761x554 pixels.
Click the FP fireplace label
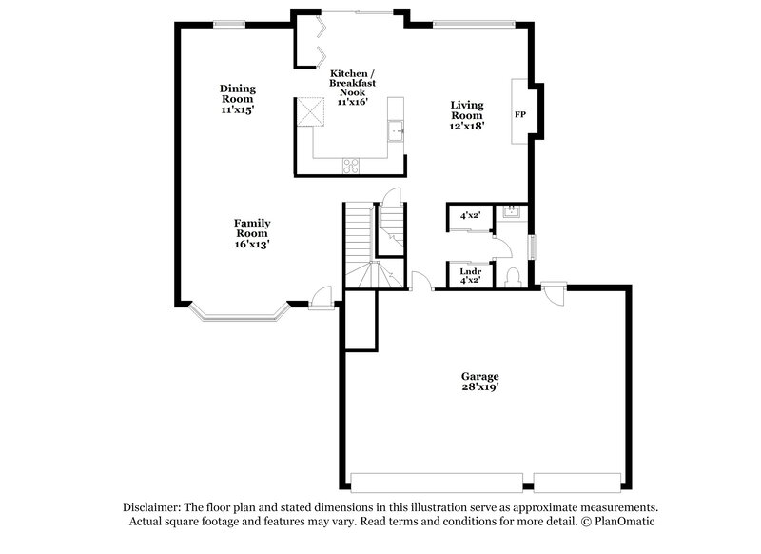pos(520,115)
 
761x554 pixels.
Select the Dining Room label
pos(237,99)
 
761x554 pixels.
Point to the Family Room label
pos(252,233)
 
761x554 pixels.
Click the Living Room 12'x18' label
pos(467,114)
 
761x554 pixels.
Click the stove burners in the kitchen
pos(351,164)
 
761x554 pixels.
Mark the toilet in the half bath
pos(513,276)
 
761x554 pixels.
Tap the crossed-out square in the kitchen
pos(308,111)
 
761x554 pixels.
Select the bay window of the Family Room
pos(238,311)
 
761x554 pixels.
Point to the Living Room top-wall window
pos(474,22)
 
